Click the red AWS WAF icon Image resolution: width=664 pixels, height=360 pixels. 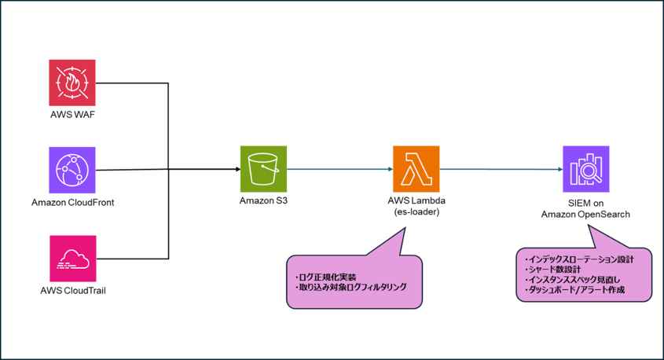(x=72, y=83)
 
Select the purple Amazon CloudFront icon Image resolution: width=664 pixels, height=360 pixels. (x=72, y=170)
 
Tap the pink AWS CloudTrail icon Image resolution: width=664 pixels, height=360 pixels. (x=72, y=258)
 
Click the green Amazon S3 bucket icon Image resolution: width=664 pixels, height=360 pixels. (x=263, y=169)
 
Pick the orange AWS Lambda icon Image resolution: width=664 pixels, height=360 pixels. (x=416, y=169)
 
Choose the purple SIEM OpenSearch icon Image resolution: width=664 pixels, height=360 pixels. (x=585, y=169)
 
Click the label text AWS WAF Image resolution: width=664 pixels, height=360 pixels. (x=72, y=115)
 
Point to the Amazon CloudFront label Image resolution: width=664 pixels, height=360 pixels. (x=72, y=202)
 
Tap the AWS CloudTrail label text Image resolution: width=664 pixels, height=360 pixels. (x=72, y=290)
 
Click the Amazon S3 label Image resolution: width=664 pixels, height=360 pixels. (x=263, y=201)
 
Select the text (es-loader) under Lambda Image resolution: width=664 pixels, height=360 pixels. (x=416, y=211)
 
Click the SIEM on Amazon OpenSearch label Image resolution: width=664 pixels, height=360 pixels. (x=585, y=211)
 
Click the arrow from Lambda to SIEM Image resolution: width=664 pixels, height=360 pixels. (x=499, y=169)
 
